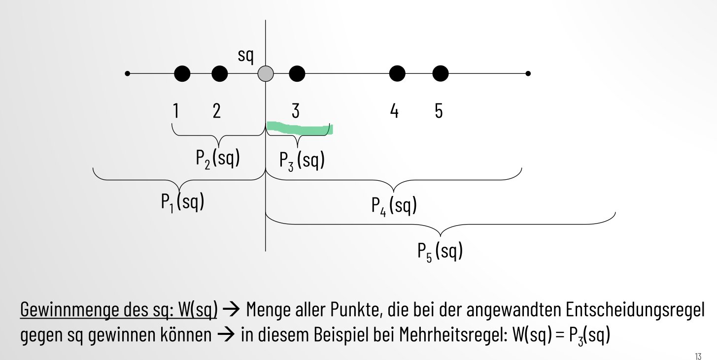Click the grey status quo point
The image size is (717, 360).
[266, 74]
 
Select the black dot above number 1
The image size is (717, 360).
[182, 74]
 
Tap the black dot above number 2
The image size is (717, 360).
[219, 74]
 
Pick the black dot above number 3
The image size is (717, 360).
[297, 74]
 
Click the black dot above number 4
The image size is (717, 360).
[397, 74]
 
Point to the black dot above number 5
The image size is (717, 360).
[440, 74]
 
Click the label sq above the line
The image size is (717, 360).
[245, 55]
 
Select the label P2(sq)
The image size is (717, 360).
[218, 158]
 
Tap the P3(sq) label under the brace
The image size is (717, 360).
[302, 161]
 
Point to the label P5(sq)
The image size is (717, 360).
[440, 252]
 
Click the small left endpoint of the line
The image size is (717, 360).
[128, 74]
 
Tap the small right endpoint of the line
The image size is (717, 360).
[528, 74]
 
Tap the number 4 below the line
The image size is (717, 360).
[394, 111]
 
